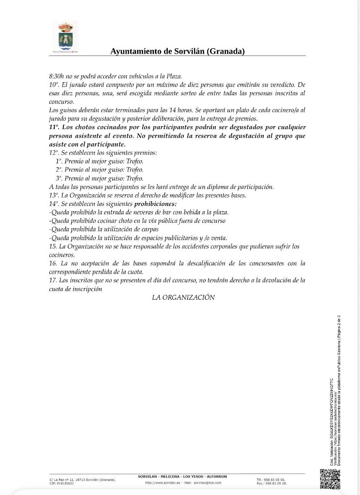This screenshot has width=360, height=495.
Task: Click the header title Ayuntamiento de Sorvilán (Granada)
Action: [x=177, y=51]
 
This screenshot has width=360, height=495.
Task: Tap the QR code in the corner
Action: [x=330, y=479]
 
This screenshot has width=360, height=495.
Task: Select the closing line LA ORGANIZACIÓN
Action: [x=183, y=298]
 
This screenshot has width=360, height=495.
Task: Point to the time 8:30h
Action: [x=58, y=76]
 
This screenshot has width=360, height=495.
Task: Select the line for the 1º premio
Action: [x=99, y=161]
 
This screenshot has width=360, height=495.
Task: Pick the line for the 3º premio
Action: [x=99, y=178]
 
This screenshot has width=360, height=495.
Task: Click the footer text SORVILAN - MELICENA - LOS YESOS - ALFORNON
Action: [x=182, y=477]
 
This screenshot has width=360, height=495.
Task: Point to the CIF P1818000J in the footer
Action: [x=62, y=483]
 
